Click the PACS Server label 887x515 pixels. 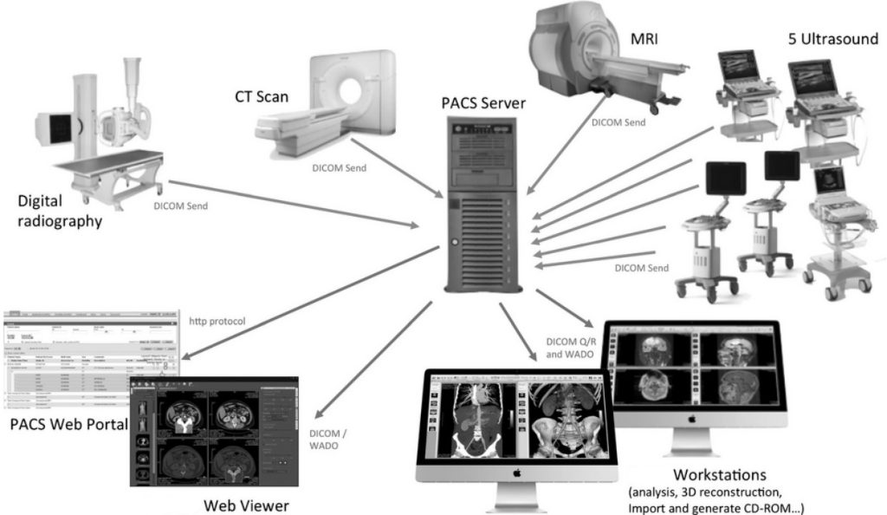pos(483,105)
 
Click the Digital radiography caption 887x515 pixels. pos(60,212)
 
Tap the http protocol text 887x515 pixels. pos(217,321)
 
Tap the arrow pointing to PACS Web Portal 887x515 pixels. pos(312,300)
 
